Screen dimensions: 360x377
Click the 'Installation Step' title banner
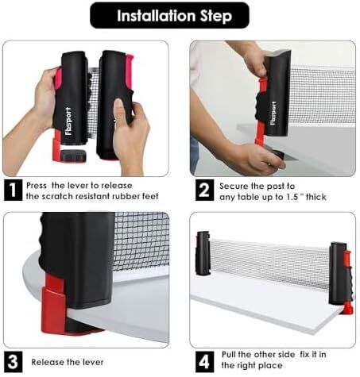point(169,15)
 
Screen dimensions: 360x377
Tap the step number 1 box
point(13,190)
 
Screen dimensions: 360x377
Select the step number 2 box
point(204,190)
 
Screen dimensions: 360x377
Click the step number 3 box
point(13,362)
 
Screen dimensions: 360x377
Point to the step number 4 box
point(204,362)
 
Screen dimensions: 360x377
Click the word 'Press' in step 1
point(37,186)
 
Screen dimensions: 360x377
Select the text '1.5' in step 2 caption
point(292,197)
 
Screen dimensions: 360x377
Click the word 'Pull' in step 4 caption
point(228,355)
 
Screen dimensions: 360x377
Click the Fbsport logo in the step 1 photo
point(68,121)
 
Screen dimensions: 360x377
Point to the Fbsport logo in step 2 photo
point(273,113)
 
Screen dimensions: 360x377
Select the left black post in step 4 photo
point(203,253)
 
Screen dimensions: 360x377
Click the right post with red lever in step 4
point(341,277)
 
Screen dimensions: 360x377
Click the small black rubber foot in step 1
point(73,156)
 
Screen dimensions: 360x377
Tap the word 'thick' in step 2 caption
point(316,197)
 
